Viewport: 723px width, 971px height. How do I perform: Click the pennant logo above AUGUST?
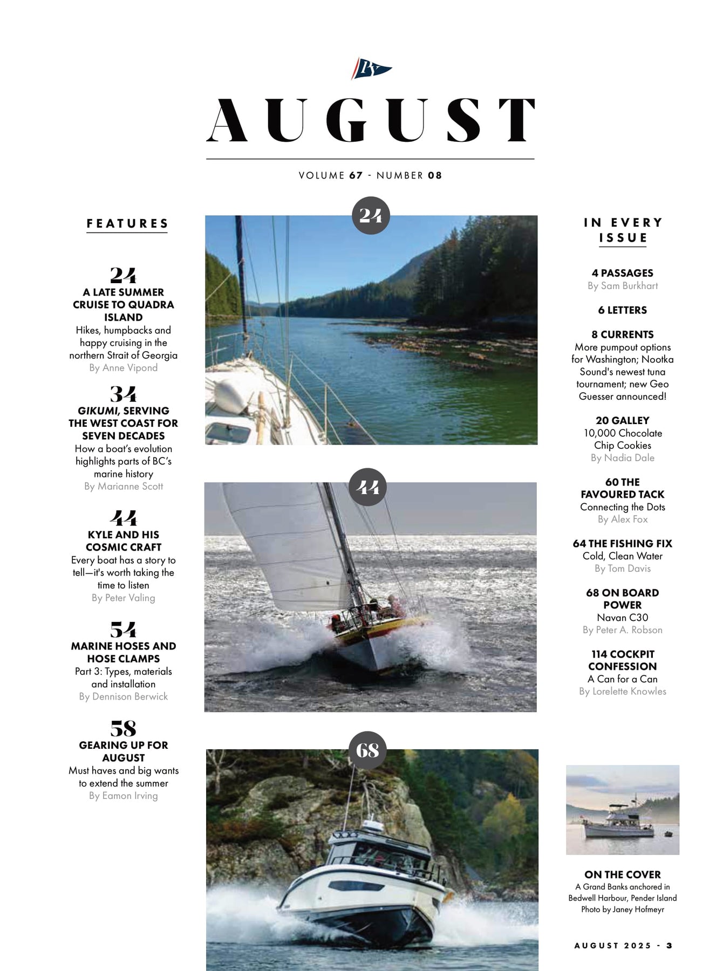pyautogui.click(x=371, y=69)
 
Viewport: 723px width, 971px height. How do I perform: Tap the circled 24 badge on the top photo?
pyautogui.click(x=371, y=216)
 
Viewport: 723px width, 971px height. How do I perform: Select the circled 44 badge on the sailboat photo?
pyautogui.click(x=368, y=487)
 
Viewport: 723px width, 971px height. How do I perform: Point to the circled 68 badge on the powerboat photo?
pyautogui.click(x=367, y=750)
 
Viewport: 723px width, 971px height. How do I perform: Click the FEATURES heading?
pyautogui.click(x=127, y=223)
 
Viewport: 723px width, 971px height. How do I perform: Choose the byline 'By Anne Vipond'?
pyautogui.click(x=124, y=368)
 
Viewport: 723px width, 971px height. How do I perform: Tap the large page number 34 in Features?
pyautogui.click(x=123, y=394)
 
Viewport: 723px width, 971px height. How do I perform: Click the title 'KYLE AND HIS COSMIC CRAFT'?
pyautogui.click(x=124, y=541)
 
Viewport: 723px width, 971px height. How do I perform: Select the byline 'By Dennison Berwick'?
pyautogui.click(x=124, y=696)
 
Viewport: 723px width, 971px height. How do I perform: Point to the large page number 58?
pyautogui.click(x=123, y=728)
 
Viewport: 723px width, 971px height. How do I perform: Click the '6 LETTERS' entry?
pyautogui.click(x=622, y=310)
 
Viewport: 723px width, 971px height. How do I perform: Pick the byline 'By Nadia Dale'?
pyautogui.click(x=622, y=458)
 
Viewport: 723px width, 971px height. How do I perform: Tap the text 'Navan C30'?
pyautogui.click(x=622, y=618)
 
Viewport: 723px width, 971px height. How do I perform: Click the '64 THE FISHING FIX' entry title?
pyautogui.click(x=622, y=544)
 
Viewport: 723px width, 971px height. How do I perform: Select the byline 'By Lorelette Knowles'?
pyautogui.click(x=622, y=692)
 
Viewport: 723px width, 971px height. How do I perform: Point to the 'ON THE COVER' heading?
pyautogui.click(x=622, y=874)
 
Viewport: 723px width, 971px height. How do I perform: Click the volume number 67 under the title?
pyautogui.click(x=356, y=175)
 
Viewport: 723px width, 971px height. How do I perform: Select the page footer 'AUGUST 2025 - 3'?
pyautogui.click(x=623, y=946)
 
